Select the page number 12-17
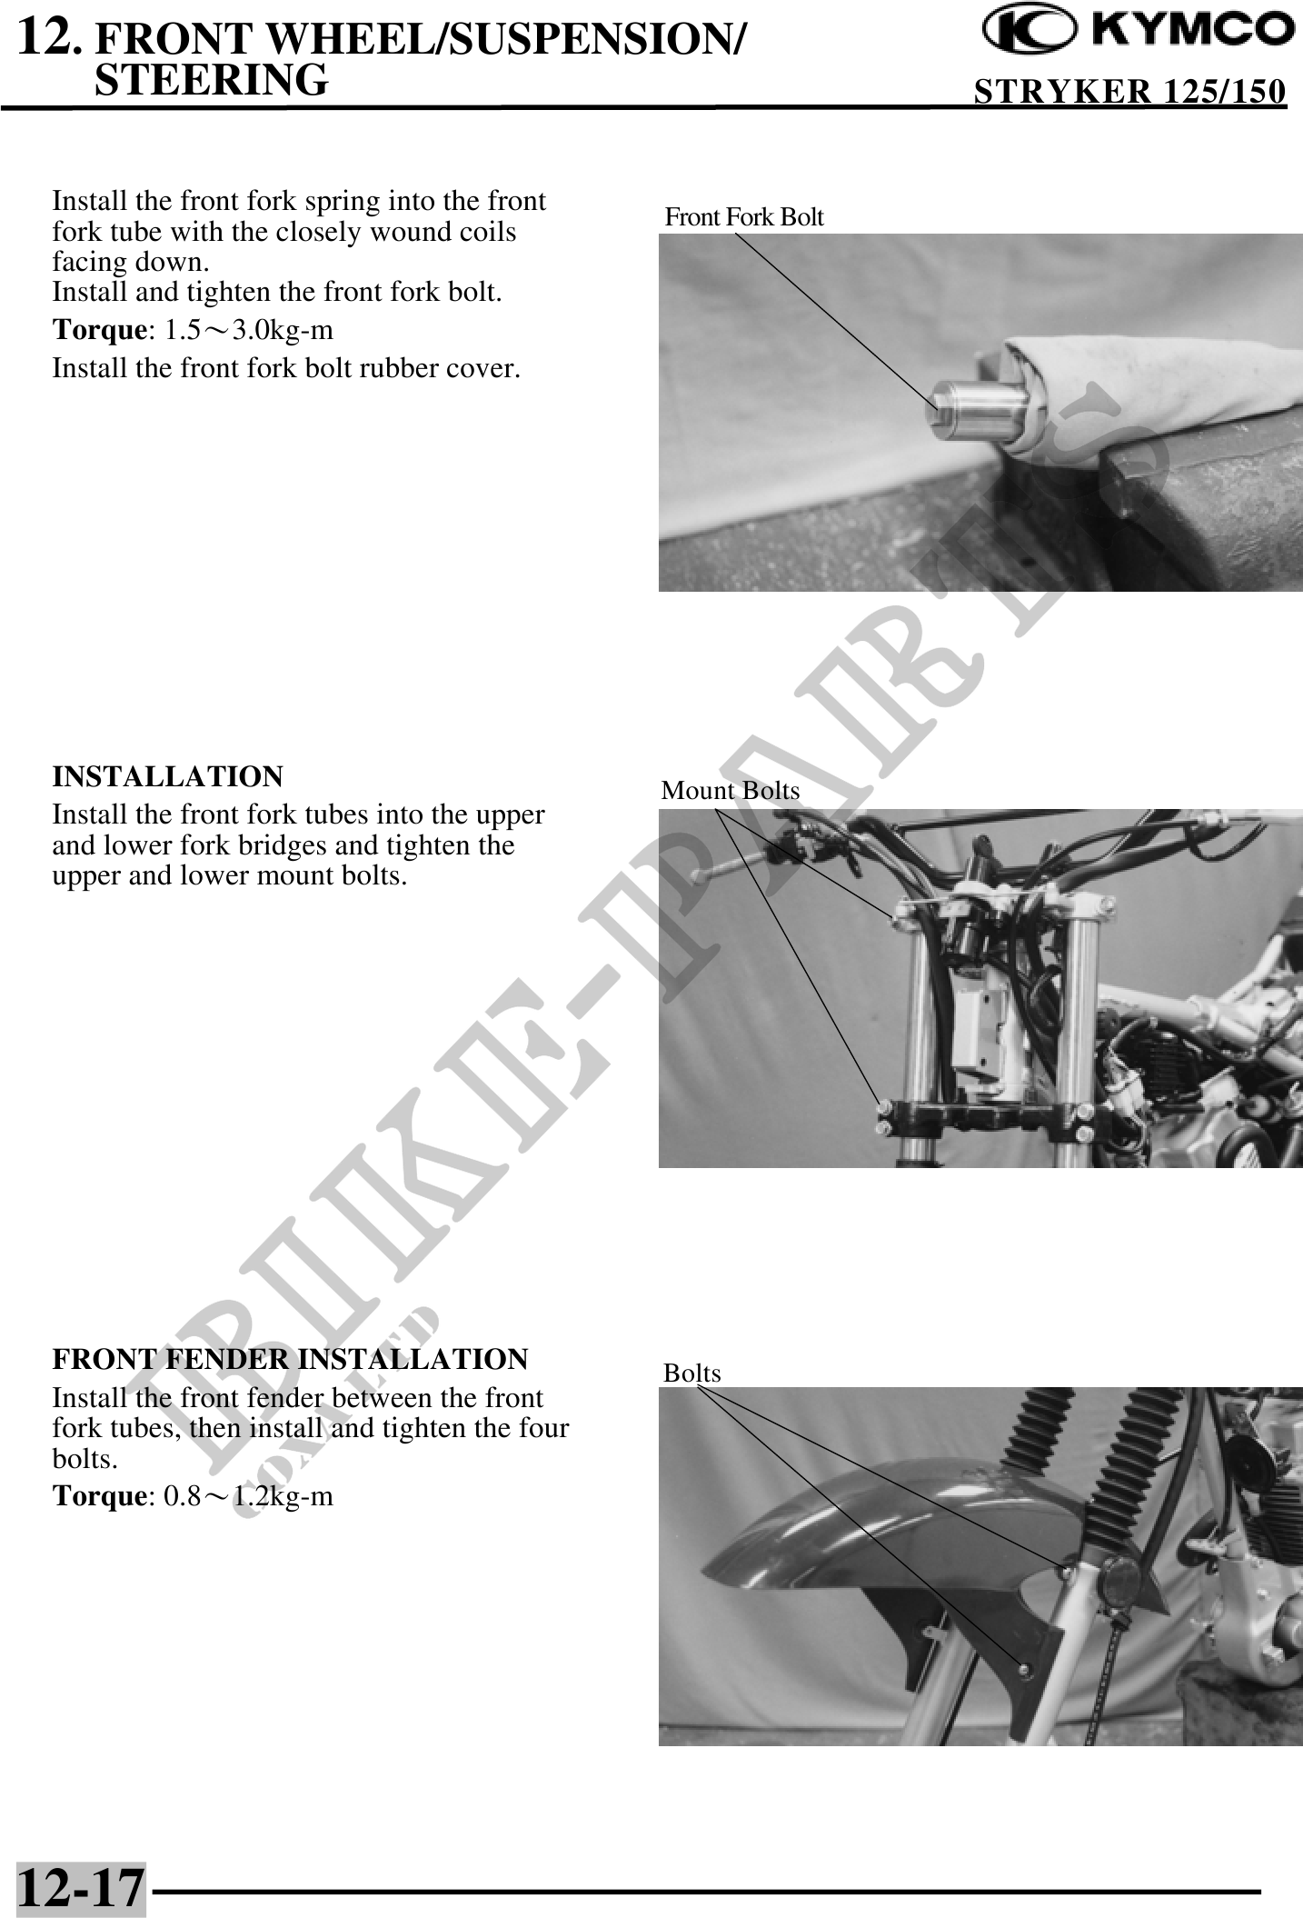pos(81,1887)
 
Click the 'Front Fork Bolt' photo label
pos(744,217)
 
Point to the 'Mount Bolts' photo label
pos(731,791)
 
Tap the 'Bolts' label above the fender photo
pos(692,1373)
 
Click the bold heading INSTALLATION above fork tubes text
pos(168,777)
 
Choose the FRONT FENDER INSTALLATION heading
pos(290,1360)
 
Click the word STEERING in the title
pos(211,79)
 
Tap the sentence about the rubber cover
pos(287,369)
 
